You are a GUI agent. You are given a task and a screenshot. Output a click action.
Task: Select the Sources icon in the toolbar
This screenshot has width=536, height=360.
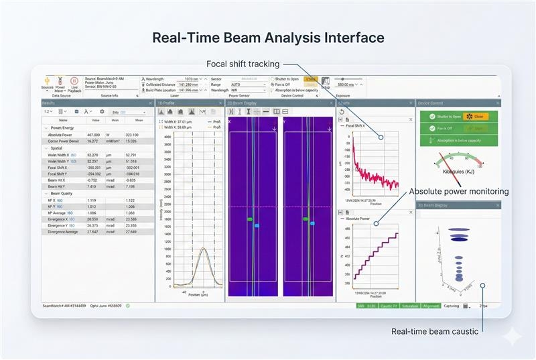(48, 83)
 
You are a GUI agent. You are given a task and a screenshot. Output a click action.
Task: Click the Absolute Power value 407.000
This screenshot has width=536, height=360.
(93, 135)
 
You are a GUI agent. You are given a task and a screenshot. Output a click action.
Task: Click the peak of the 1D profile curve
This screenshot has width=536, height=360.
(203, 249)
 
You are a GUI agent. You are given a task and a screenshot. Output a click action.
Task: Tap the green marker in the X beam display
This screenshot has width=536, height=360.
(249, 219)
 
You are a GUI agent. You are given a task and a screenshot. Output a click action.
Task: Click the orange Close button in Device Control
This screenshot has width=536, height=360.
(477, 116)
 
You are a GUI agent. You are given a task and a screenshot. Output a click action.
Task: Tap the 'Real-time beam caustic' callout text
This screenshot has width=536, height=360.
(435, 331)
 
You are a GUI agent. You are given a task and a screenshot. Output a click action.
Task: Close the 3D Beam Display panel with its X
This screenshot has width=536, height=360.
(498, 205)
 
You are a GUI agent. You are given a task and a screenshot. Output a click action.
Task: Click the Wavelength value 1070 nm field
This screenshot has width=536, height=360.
(191, 79)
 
